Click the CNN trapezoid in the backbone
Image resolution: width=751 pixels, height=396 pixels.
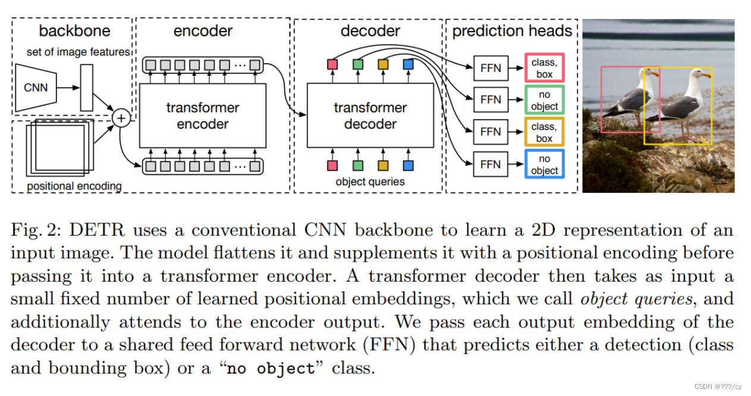point(36,88)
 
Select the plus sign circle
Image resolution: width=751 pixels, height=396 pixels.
point(121,118)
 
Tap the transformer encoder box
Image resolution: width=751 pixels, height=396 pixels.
point(203,116)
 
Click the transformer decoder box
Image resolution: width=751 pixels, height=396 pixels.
point(370,116)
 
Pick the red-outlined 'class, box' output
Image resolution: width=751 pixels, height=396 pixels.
point(544,67)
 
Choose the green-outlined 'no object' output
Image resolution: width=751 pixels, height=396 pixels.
point(544,100)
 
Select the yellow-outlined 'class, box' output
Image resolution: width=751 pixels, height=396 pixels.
point(544,132)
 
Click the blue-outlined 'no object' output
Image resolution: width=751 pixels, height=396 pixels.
point(544,164)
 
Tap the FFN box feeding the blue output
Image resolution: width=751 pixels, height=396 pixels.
point(491,164)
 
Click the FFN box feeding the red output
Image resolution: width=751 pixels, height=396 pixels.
point(491,67)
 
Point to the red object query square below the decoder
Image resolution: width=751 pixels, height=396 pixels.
point(332,165)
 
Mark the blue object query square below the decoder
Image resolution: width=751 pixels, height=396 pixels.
point(408,165)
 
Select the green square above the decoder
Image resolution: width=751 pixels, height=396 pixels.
point(357,64)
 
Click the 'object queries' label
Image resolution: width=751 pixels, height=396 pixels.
point(370,182)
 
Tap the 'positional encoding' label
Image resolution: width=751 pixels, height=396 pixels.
point(74,186)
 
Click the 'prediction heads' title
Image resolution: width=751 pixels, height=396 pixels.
point(512,31)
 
